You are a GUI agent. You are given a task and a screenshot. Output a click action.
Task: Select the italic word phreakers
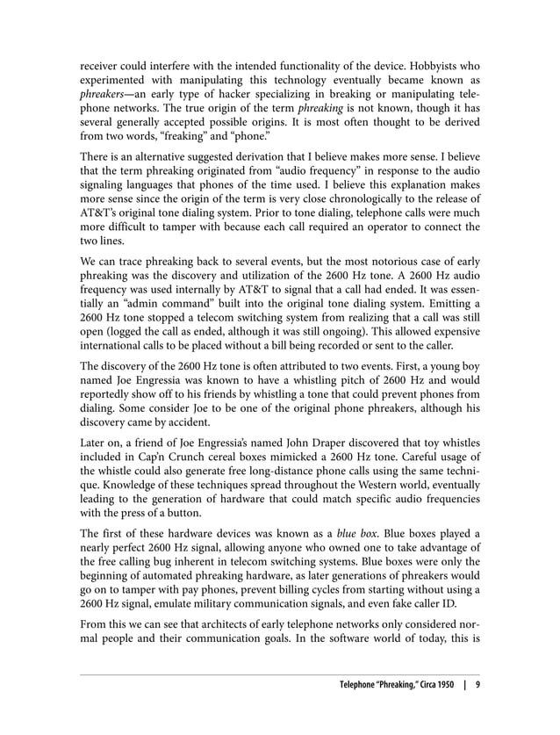(x=107, y=96)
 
